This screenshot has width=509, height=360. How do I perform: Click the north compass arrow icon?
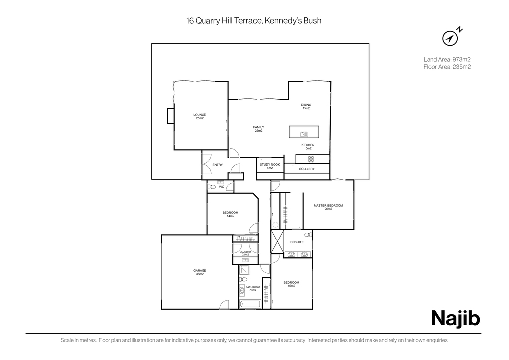tap(450, 38)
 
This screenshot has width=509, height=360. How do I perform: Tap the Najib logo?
tap(455, 318)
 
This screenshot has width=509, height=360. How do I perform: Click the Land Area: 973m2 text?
tap(447, 59)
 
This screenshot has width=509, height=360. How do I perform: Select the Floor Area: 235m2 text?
tap(447, 67)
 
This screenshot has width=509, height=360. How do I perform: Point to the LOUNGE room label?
tap(200, 116)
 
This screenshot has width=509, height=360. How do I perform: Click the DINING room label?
tap(306, 106)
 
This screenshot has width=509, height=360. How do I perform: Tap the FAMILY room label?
tap(258, 129)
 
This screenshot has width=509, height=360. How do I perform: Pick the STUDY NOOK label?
tap(270, 166)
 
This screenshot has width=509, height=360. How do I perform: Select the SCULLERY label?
tap(307, 169)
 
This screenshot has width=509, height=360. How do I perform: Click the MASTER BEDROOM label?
tap(328, 207)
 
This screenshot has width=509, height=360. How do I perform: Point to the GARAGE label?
tap(200, 272)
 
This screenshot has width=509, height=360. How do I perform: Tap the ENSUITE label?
tap(297, 242)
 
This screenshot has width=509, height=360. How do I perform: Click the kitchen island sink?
tap(304, 134)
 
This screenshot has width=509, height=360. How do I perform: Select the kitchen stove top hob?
tap(311, 159)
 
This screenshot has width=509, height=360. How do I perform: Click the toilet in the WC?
tap(212, 187)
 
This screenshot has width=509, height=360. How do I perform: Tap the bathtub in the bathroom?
tap(250, 304)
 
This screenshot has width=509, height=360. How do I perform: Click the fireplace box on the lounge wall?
tap(171, 116)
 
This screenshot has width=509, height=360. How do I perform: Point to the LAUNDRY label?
tap(245, 253)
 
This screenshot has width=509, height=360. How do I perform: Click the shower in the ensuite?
tap(277, 241)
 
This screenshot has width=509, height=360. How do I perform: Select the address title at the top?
tap(254, 21)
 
